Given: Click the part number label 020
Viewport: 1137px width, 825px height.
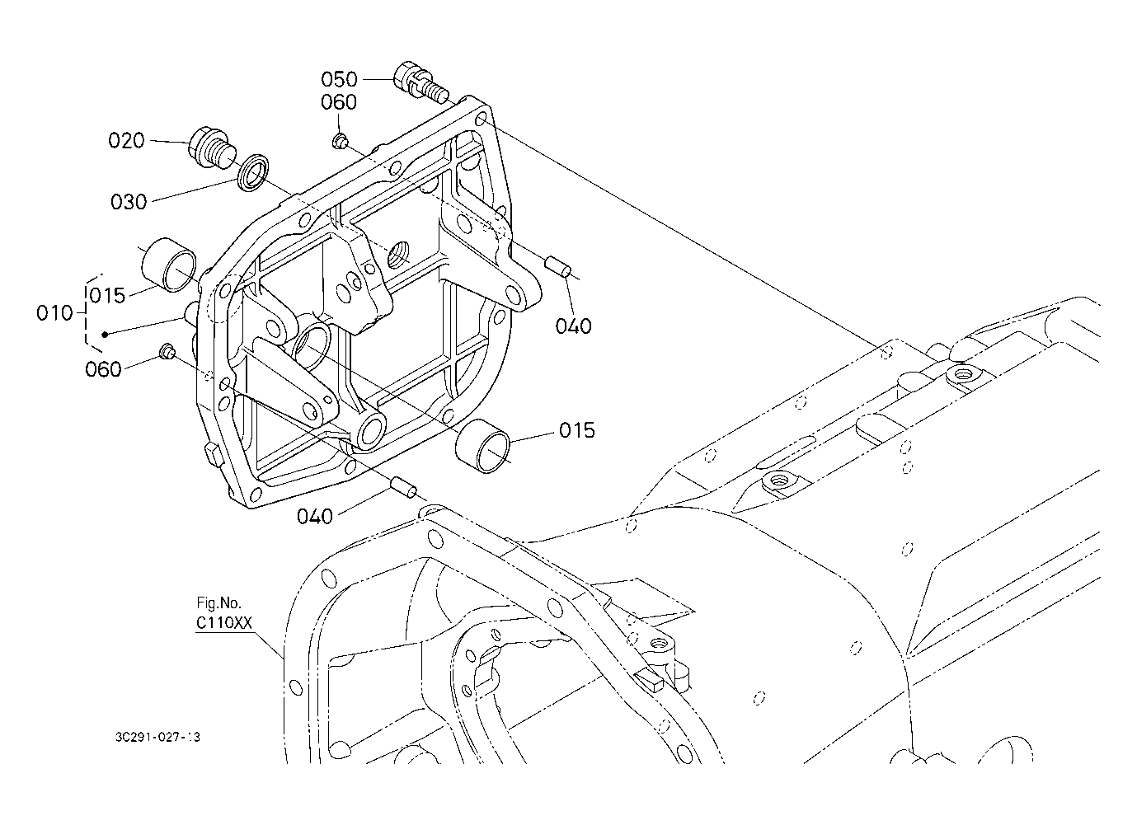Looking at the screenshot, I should [x=126, y=141].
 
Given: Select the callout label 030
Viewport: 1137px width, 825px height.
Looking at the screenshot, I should [x=129, y=202].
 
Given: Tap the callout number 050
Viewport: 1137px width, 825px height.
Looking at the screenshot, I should [x=339, y=79].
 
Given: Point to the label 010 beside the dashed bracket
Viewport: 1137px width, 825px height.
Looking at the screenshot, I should [x=55, y=313].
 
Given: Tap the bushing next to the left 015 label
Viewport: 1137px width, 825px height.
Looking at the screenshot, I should [x=169, y=265].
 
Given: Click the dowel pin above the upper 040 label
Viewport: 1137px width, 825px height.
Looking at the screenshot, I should [x=559, y=267].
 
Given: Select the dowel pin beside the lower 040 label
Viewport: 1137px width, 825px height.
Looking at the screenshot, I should [x=404, y=487].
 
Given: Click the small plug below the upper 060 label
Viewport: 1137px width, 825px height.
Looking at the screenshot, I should [x=339, y=142].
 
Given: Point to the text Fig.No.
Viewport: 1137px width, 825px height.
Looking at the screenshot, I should [x=218, y=602].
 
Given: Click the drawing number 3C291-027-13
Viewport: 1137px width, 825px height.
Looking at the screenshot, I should [x=157, y=737].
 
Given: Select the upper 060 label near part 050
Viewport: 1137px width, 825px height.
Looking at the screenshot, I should [x=339, y=103].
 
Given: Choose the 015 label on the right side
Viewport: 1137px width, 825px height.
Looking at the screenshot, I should [x=576, y=430].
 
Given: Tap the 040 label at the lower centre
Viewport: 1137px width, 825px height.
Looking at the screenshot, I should [x=315, y=517].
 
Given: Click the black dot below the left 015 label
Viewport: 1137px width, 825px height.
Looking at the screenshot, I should [x=106, y=334].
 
